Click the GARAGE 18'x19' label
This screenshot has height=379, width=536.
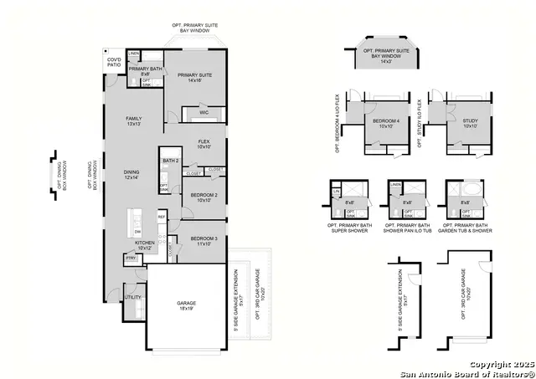pyautogui.click(x=185, y=305)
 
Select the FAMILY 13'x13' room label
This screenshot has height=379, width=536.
pyautogui.click(x=132, y=121)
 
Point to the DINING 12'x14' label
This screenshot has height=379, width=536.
pyautogui.click(x=131, y=175)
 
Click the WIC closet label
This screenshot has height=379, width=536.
pyautogui.click(x=204, y=112)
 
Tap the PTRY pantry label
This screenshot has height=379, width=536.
pyautogui.click(x=131, y=259)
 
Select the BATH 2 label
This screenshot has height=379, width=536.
pyautogui.click(x=171, y=161)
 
